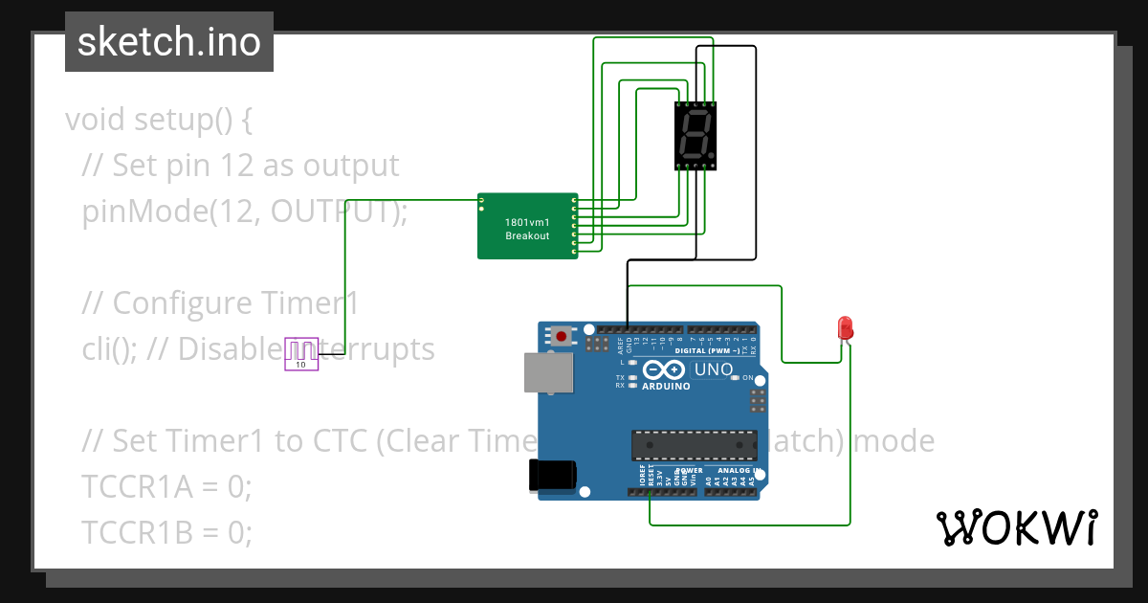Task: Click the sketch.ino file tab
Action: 169,42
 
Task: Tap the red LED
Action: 845,328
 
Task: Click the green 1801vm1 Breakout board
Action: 527,226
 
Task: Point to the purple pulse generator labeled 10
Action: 301,353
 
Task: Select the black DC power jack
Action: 552,475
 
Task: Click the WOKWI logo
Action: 1016,528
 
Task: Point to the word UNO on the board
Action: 714,369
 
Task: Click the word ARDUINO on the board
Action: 667,387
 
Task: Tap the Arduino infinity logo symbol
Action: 667,370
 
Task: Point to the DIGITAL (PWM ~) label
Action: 707,350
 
